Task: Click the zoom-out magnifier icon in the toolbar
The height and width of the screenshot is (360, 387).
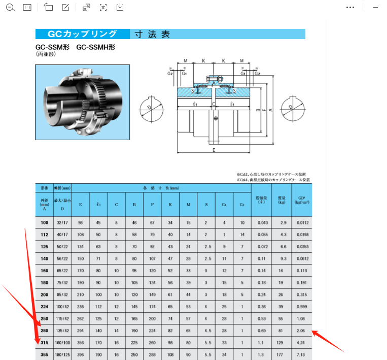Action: pos(11,8)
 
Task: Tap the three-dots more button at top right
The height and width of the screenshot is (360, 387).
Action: pos(350,8)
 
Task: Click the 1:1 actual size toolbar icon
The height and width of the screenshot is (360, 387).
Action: pos(27,8)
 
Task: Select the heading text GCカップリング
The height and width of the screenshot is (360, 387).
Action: pos(82,35)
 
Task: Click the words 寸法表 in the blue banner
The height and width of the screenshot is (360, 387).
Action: pos(152,35)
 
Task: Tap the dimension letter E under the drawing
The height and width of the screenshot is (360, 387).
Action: pos(214,150)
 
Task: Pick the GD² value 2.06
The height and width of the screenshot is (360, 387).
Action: pos(300,331)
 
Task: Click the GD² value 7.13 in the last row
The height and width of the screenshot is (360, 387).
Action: pos(300,354)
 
